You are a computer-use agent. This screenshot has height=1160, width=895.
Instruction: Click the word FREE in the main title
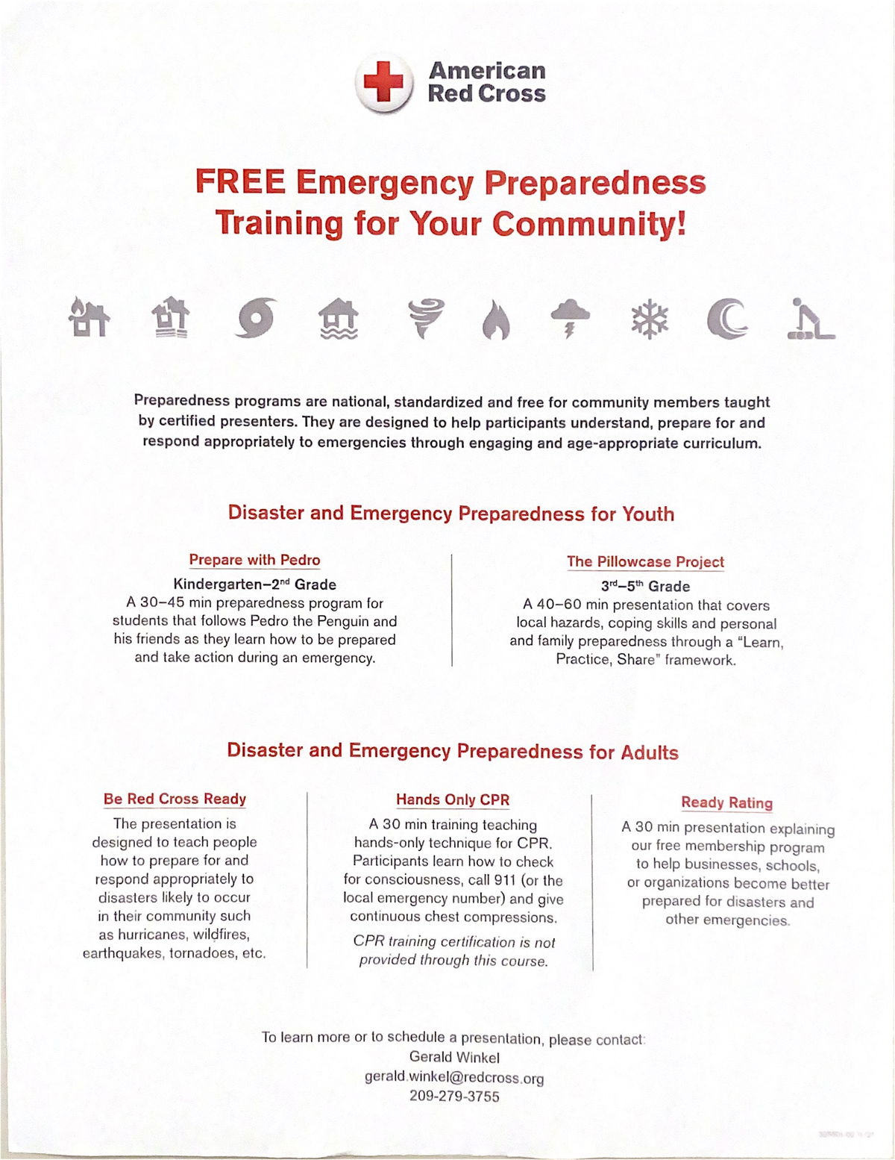tap(240, 182)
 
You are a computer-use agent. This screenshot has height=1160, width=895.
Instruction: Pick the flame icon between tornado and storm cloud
tap(495, 320)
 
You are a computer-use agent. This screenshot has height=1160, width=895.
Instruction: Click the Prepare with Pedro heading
tap(254, 560)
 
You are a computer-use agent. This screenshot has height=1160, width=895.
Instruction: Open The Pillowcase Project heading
tap(645, 561)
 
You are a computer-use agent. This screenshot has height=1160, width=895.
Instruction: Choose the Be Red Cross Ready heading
tap(175, 799)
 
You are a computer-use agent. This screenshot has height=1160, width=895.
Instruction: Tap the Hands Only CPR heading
tap(453, 799)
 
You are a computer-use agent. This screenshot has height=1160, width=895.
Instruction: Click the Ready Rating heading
tap(726, 802)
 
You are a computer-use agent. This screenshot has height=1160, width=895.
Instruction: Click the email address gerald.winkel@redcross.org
tap(454, 1077)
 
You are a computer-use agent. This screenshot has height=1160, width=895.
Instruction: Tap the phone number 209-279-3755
tap(454, 1097)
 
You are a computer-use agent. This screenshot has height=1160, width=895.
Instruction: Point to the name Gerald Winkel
tap(454, 1057)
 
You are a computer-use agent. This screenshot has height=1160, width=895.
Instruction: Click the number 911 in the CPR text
tap(503, 880)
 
